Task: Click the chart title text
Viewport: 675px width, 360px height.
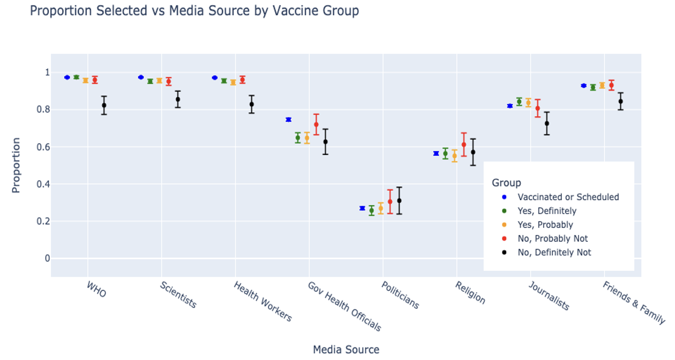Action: [x=194, y=11]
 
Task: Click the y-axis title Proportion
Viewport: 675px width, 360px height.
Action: [x=16, y=165]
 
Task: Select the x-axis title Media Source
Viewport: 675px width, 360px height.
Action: [x=346, y=349]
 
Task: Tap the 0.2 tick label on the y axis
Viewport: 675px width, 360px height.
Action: [x=43, y=221]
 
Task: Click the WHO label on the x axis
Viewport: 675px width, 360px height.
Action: [x=96, y=289]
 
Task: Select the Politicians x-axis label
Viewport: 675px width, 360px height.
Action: [x=400, y=295]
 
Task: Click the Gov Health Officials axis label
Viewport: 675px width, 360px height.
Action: [x=344, y=306]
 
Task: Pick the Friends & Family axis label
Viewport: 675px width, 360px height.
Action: [x=634, y=302]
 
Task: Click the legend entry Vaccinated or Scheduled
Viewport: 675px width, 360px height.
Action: [x=568, y=197]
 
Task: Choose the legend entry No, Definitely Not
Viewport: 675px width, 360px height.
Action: [x=554, y=252]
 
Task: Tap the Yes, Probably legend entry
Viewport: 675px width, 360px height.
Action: [x=545, y=225]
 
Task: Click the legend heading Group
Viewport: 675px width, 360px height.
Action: [x=506, y=183]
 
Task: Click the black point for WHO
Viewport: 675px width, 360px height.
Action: [x=104, y=105]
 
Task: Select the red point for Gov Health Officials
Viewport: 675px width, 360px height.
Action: [x=316, y=124]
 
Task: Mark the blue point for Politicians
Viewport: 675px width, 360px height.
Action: [x=362, y=208]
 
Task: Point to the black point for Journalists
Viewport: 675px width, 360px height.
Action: [x=547, y=123]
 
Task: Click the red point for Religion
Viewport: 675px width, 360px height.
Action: [x=464, y=145]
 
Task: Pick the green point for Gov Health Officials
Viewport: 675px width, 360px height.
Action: [x=298, y=138]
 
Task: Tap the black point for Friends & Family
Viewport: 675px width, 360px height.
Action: [x=621, y=101]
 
